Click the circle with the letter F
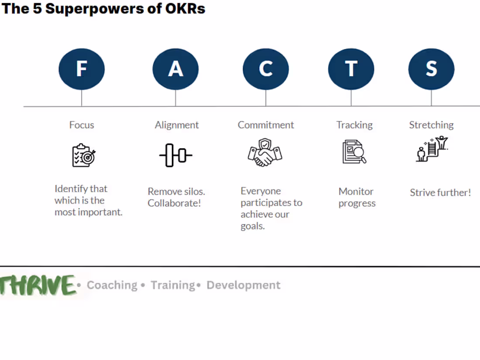coord(82,69)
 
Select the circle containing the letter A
coord(175,69)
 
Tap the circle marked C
coord(266,69)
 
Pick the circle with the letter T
coord(351,69)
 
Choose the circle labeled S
coord(431,69)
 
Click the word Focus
coord(82,125)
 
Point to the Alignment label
coord(177,125)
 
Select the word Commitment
coord(266,125)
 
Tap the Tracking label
coord(354,125)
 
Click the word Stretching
coord(431,125)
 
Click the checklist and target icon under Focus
coord(83,155)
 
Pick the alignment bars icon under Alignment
coord(175,155)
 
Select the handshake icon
coord(265,152)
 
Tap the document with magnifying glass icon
coord(354,152)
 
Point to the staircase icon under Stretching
coord(432,149)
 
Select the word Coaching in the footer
coord(112,285)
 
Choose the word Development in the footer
coord(243,285)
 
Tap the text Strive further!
coord(440,192)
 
